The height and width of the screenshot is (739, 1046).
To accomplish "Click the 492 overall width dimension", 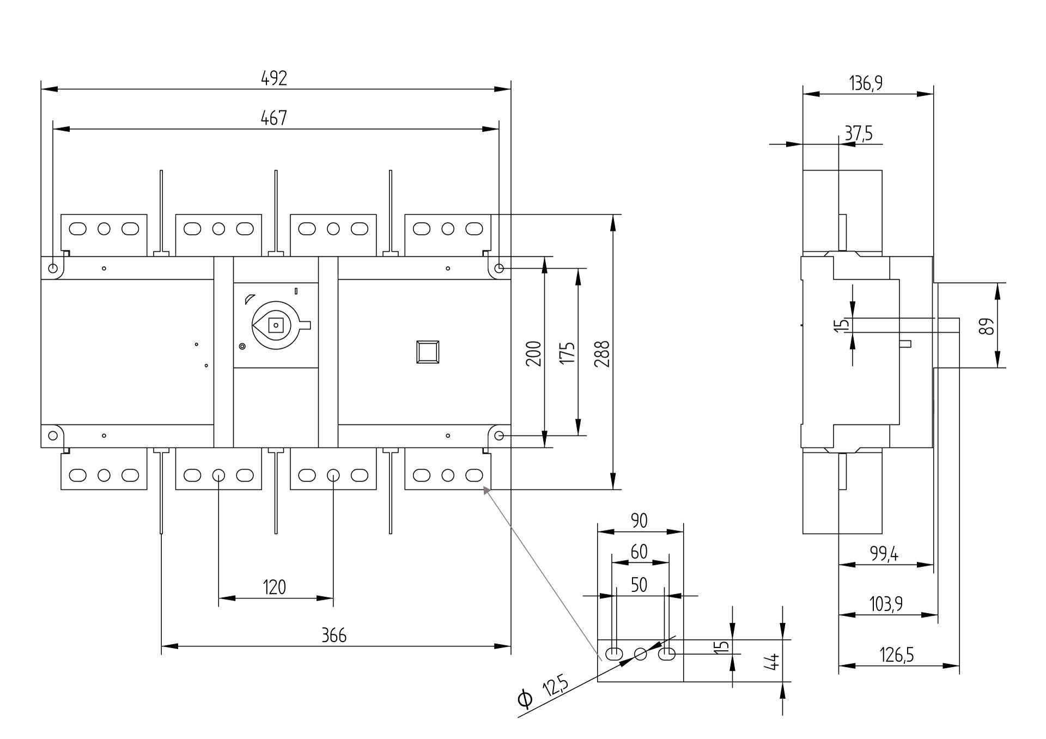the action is point(274,78).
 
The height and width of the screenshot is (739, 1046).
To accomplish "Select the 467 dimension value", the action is point(274,118).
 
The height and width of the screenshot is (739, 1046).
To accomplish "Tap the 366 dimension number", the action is point(333,635).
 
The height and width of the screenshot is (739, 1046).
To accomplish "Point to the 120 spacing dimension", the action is point(274,587).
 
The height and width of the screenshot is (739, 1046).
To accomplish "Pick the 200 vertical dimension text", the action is point(534,353).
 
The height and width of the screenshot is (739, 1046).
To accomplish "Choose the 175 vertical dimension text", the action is point(567,353).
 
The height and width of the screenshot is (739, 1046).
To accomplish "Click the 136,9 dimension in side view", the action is point(866,83).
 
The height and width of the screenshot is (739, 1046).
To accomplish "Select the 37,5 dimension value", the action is point(858,133).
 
